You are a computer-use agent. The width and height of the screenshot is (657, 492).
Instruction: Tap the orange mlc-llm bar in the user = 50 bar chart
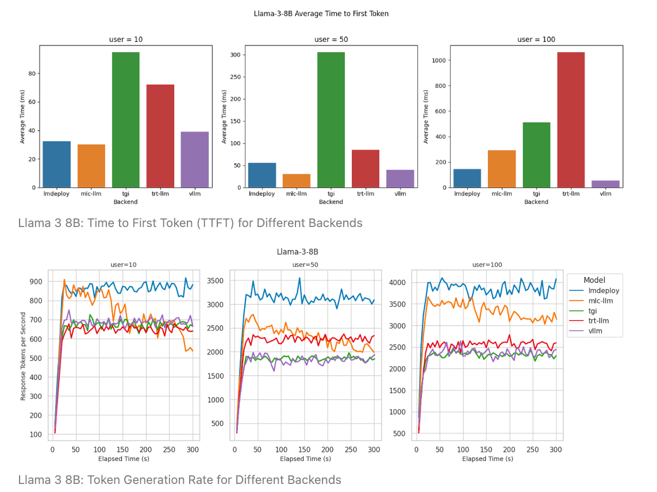click(296, 180)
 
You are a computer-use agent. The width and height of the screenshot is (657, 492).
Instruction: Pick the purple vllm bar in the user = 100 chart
click(605, 184)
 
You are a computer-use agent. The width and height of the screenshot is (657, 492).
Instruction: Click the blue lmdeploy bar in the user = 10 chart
click(56, 164)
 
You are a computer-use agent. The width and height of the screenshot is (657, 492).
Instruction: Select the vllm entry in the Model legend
click(599, 330)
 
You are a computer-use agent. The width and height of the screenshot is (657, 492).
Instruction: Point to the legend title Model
click(594, 280)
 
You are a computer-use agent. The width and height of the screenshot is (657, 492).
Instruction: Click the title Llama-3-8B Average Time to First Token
click(321, 13)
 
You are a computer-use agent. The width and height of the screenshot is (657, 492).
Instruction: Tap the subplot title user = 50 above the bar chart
click(331, 40)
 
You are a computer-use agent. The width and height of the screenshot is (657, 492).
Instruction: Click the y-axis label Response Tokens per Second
click(24, 356)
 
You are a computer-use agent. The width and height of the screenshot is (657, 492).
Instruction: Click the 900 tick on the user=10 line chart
click(37, 282)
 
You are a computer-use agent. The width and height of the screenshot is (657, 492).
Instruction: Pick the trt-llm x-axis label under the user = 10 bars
click(160, 194)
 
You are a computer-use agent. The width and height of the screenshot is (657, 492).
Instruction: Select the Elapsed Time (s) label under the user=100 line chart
click(487, 459)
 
